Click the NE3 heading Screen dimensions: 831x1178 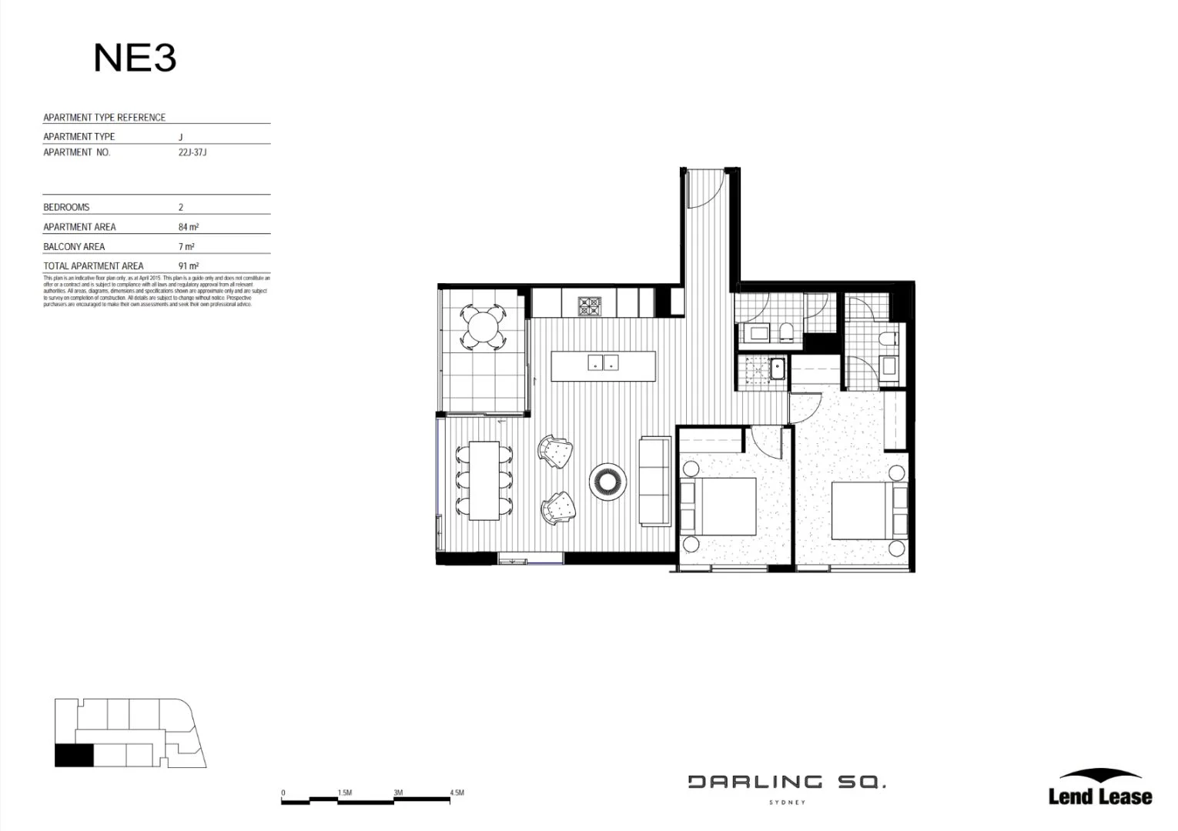point(135,58)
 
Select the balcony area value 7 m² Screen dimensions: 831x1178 point(186,246)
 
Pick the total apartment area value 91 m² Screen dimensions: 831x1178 point(188,266)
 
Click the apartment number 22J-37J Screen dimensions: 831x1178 point(192,152)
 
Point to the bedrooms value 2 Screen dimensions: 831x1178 point(181,207)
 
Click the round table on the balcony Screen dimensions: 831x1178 point(483,327)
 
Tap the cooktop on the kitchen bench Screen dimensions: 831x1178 point(590,305)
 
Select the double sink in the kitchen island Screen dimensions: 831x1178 point(603,362)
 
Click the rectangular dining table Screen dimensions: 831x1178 point(484,479)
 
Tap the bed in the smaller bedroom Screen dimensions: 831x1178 point(720,506)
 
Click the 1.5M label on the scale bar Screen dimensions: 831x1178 point(344,793)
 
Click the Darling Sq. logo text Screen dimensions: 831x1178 point(786,783)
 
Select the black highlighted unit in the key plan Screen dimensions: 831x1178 point(74,756)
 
